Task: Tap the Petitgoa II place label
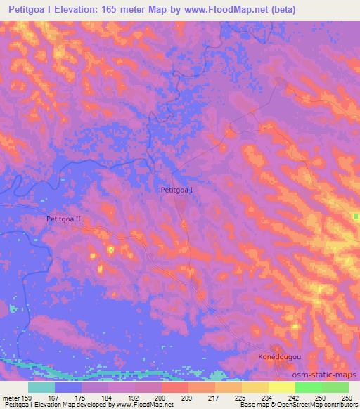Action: point(64,219)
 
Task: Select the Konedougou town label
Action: point(280,357)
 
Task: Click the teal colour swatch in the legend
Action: point(41,387)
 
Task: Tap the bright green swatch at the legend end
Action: point(335,387)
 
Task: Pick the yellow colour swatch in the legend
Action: point(282,387)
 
